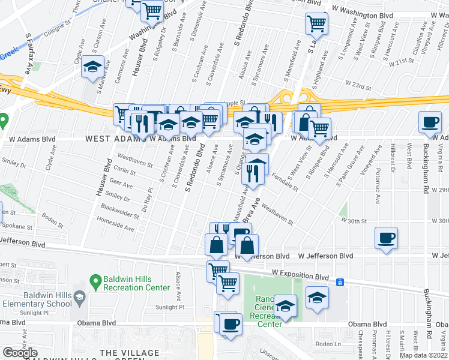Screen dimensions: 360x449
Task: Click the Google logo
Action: pyautogui.click(x=20, y=353)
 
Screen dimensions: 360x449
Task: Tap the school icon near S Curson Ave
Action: pyautogui.click(x=93, y=67)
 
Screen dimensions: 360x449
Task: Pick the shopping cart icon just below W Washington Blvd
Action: pyautogui.click(x=316, y=24)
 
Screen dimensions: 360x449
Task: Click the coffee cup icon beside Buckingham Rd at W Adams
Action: pyautogui.click(x=430, y=122)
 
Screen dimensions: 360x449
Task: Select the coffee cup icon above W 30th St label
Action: pyautogui.click(x=386, y=238)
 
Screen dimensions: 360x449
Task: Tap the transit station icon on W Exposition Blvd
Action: pyautogui.click(x=339, y=282)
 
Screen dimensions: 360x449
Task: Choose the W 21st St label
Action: pyautogui.click(x=402, y=62)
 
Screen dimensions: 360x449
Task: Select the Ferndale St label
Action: pyautogui.click(x=285, y=181)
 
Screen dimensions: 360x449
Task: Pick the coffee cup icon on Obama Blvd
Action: pyautogui.click(x=231, y=324)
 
